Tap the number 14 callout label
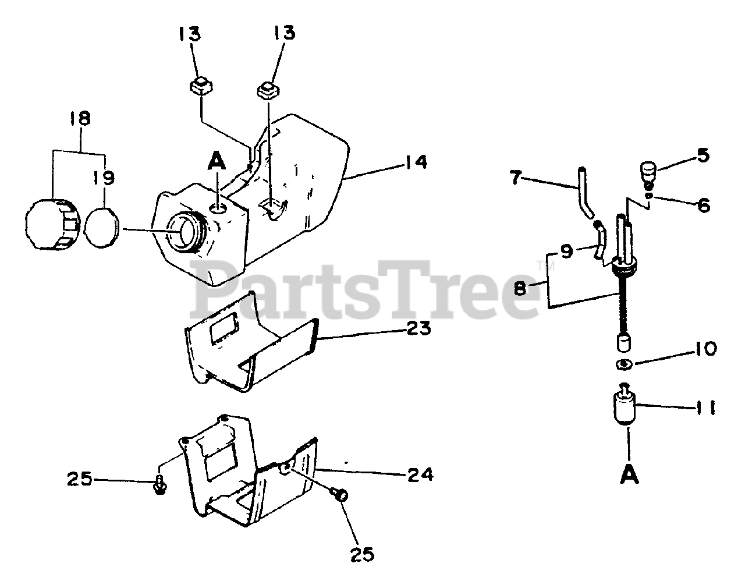416,161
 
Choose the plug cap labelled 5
648,172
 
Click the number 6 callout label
704,205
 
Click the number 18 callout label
79,119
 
